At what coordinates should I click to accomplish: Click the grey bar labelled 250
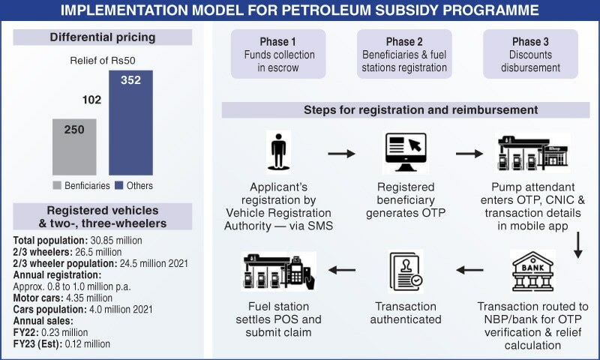click(x=78, y=146)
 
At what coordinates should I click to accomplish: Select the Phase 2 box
click(x=405, y=55)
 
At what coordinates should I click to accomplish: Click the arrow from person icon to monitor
click(x=341, y=154)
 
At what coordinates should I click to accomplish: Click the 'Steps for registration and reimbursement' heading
click(x=404, y=109)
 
